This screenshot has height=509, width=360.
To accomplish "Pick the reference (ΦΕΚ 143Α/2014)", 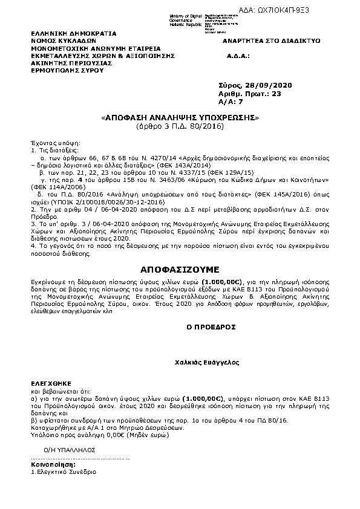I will (x=183, y=164).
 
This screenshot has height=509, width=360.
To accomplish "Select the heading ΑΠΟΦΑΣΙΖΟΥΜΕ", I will (x=179, y=268).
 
